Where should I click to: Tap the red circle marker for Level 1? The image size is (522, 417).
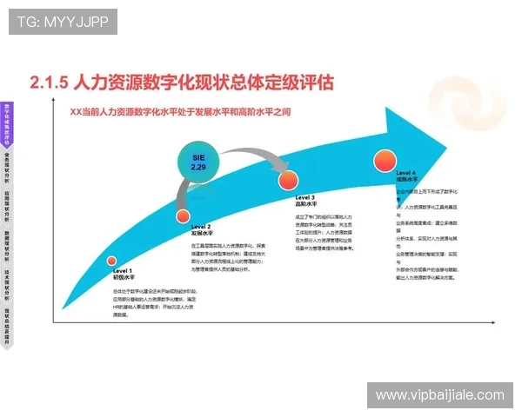[x=111, y=261]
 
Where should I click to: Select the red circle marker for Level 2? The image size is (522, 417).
[x=183, y=216]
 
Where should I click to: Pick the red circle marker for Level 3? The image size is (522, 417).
[x=288, y=181]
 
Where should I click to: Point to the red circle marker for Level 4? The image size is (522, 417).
[x=385, y=160]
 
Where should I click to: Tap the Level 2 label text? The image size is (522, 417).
[x=201, y=229]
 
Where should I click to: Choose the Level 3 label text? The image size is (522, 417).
[x=305, y=201]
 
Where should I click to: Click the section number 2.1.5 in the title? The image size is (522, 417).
[x=48, y=83]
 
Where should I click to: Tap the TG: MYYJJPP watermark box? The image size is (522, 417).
[x=63, y=22]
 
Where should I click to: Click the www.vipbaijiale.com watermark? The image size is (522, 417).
[x=439, y=395]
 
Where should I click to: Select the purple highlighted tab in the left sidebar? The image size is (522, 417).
[x=7, y=124]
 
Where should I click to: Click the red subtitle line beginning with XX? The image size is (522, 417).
[x=181, y=111]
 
